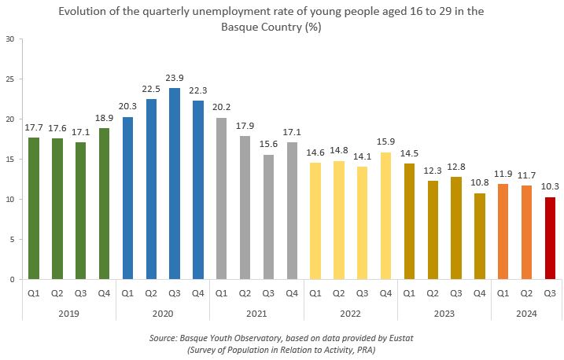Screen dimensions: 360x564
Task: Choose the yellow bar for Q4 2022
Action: point(385,215)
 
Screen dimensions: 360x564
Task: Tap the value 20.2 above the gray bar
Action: point(221,107)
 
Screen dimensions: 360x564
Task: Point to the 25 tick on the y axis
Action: point(9,79)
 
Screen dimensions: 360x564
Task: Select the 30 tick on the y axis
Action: point(9,39)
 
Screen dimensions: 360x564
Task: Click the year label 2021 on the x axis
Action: point(256,312)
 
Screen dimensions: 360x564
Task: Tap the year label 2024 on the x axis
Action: point(525,312)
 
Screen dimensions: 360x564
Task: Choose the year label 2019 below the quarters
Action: point(68,312)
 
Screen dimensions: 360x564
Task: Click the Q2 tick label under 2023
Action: point(432,293)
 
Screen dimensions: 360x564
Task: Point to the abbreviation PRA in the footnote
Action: point(365,349)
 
